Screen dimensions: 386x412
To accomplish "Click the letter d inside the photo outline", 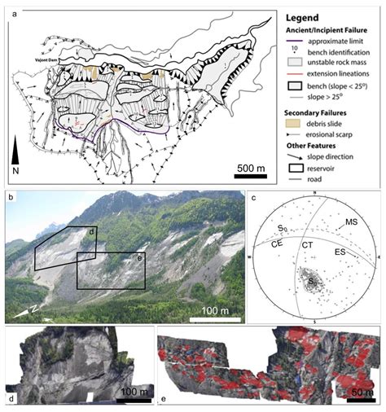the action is [x=91, y=232].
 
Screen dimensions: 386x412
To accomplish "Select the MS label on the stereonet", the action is [x=352, y=221].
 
